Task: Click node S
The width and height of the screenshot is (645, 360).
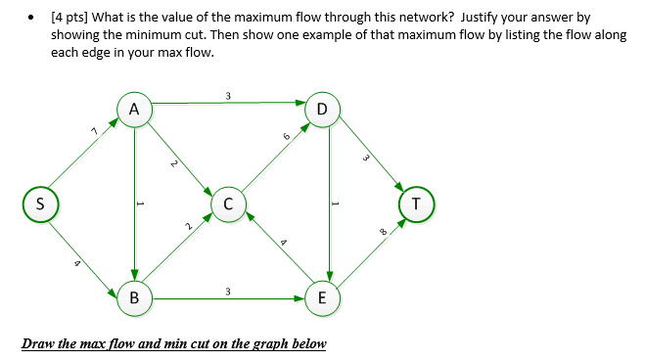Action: [40, 204]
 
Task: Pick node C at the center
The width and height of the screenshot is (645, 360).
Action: [227, 204]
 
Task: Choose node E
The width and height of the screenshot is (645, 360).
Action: [323, 296]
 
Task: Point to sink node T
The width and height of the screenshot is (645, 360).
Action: [417, 204]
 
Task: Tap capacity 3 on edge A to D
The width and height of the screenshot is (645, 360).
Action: [227, 95]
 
